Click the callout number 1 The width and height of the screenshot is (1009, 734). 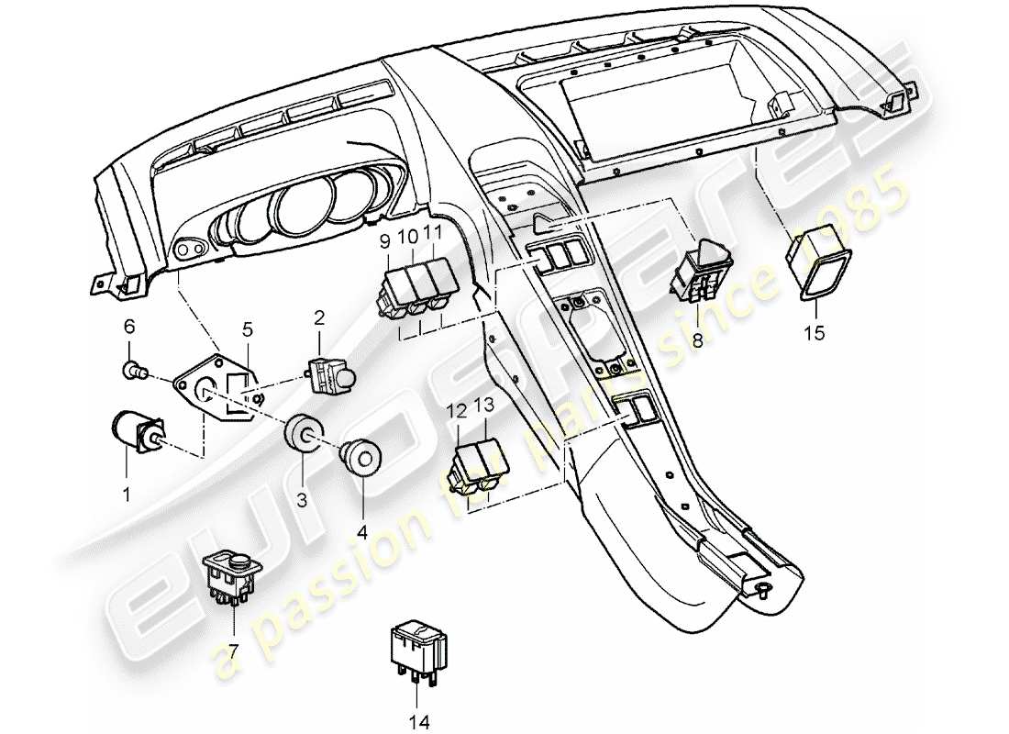(127, 494)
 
